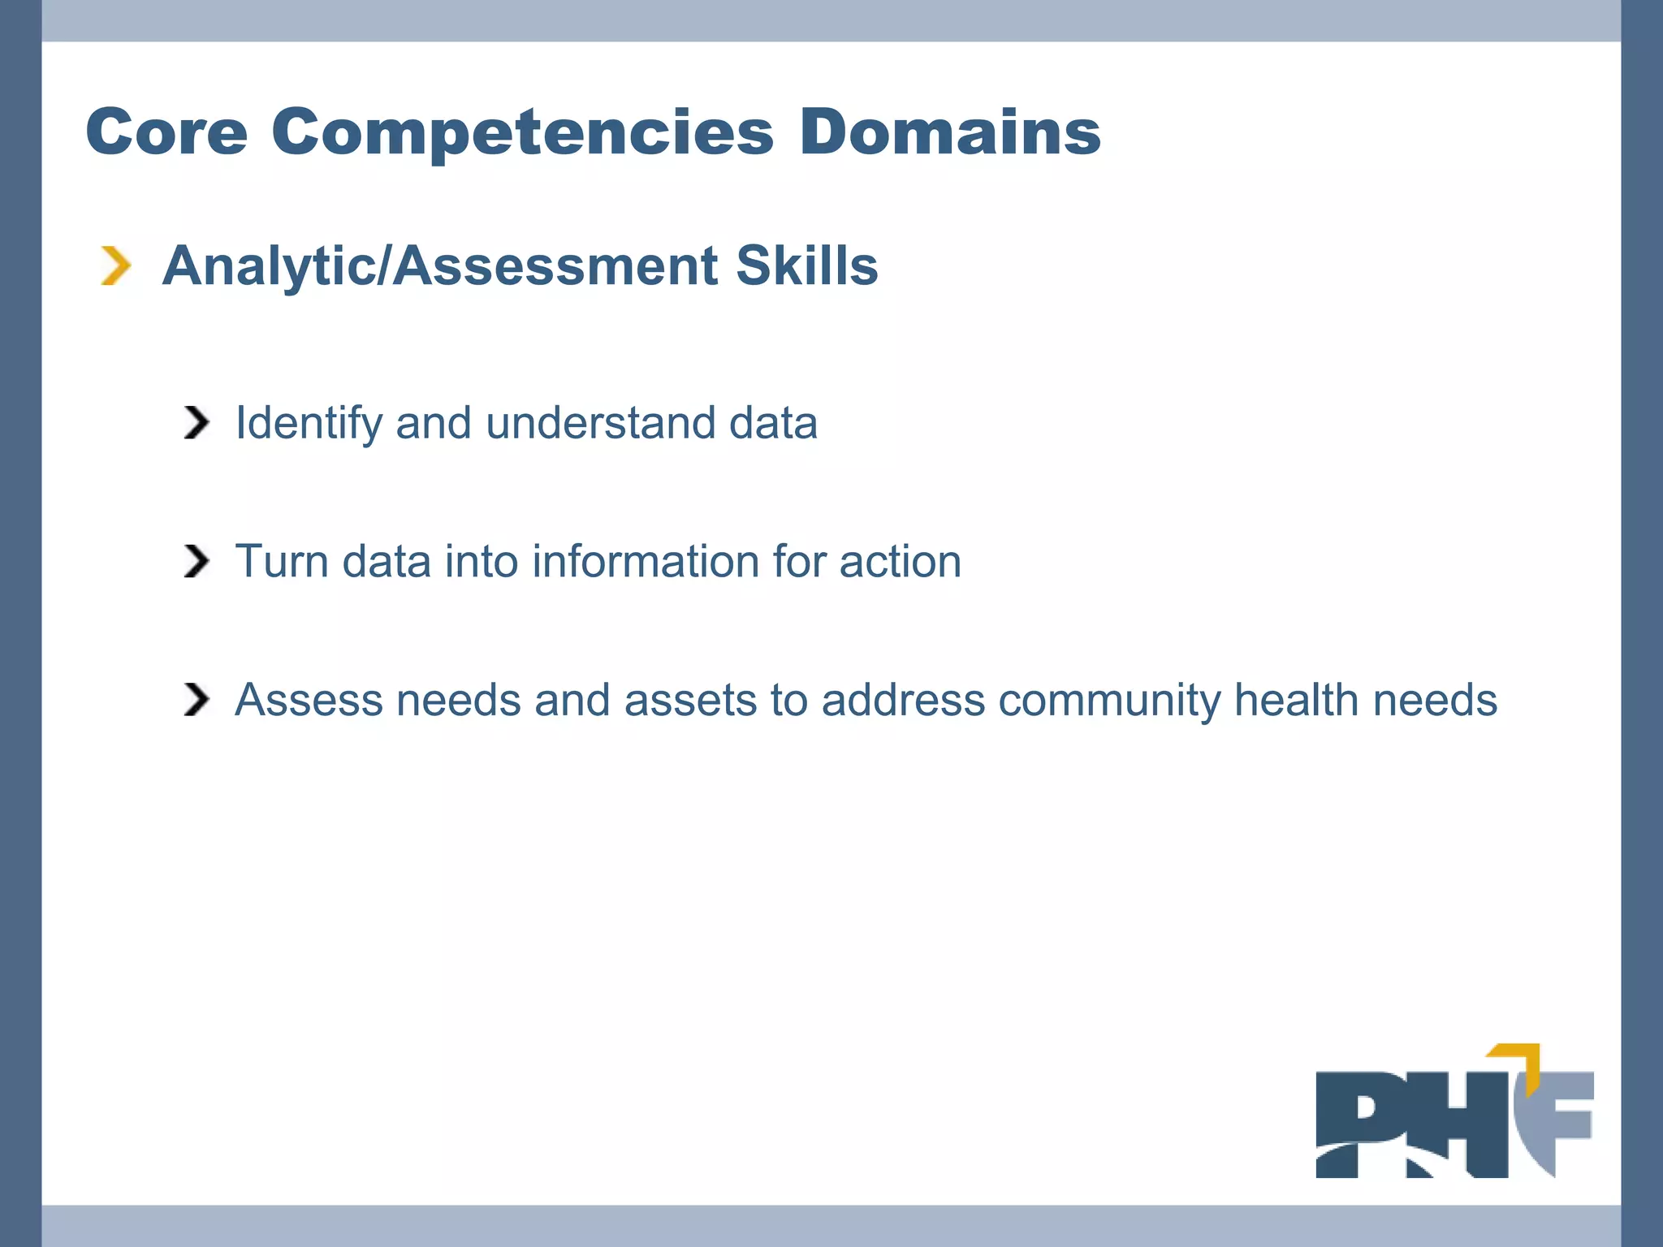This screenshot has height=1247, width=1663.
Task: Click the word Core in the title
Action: (166, 132)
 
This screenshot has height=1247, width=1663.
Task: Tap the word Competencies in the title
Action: (522, 132)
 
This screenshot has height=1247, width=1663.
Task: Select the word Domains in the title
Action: (949, 132)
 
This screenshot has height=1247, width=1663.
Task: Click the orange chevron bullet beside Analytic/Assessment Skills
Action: (115, 265)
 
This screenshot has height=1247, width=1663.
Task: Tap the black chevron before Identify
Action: (197, 422)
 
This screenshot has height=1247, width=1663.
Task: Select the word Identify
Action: (309, 424)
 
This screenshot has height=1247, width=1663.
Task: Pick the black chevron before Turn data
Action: (197, 561)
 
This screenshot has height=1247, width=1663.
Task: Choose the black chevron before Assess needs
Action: (197, 699)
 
